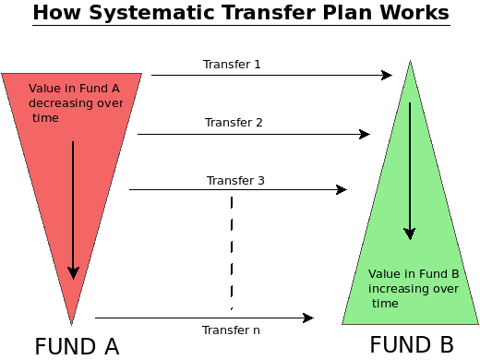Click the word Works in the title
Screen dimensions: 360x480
[414, 14]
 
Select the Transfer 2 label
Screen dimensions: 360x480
[234, 122]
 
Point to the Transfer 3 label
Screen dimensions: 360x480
[235, 180]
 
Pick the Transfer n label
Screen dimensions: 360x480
[231, 330]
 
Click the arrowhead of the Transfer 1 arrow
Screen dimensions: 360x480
[388, 76]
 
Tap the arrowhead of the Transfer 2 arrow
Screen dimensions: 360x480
[366, 134]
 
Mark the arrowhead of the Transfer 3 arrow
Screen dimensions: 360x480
[342, 190]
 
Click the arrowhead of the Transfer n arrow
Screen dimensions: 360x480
[309, 318]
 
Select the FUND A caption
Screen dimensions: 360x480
[77, 347]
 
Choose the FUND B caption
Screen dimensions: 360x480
[412, 345]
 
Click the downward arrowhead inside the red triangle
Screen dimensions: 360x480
[74, 273]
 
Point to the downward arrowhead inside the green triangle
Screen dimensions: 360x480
[409, 234]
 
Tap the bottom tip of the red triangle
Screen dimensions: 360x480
[72, 322]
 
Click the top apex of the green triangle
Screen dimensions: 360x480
[410, 62]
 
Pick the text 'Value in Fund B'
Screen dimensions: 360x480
[413, 274]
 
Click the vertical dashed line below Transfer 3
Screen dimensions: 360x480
[231, 249]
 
